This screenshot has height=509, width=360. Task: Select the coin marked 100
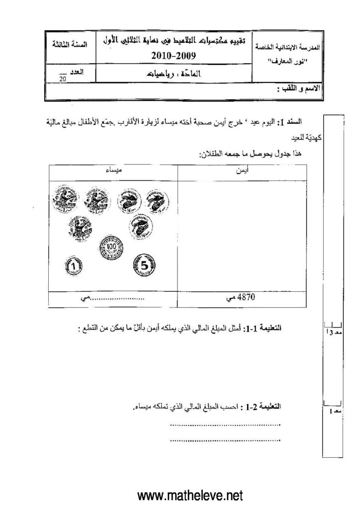pyautogui.click(x=111, y=246)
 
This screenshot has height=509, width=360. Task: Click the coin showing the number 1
pyautogui.click(x=74, y=266)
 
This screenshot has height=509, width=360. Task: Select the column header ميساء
pyautogui.click(x=114, y=171)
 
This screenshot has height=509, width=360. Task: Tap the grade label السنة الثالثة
pyautogui.click(x=71, y=44)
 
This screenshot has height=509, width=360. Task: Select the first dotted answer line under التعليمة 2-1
pyautogui.click(x=225, y=425)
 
